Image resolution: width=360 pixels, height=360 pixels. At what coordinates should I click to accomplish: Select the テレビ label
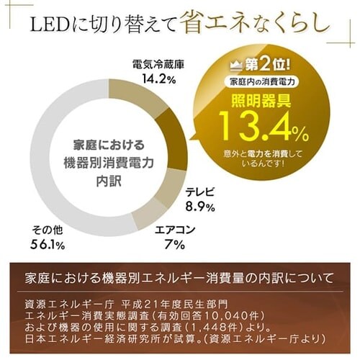[199, 193]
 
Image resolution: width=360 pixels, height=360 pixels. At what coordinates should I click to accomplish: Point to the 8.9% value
[199, 207]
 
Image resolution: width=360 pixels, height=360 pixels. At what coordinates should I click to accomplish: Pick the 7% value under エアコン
[175, 246]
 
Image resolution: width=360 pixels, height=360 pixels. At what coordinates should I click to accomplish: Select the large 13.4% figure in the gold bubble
[264, 129]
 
